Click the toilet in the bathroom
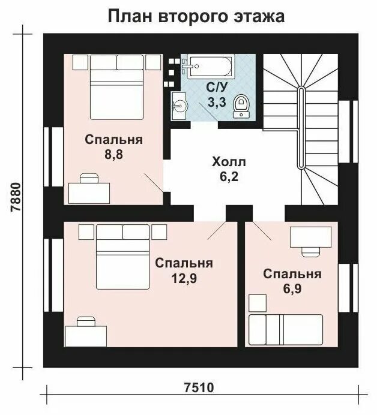tap(242, 106)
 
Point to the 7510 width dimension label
tap(199, 387)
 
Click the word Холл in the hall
tap(229, 162)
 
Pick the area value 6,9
tap(292, 289)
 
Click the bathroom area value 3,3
tap(217, 102)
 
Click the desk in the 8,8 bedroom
tap(89, 192)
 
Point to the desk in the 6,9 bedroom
tap(309, 237)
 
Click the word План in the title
tap(130, 16)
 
